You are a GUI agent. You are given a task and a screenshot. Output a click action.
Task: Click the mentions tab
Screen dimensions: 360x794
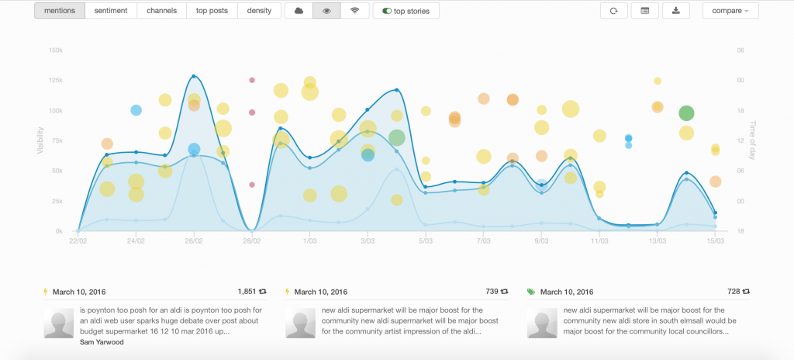pyautogui.click(x=60, y=11)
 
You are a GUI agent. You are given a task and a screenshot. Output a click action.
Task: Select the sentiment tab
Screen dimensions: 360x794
pyautogui.click(x=112, y=11)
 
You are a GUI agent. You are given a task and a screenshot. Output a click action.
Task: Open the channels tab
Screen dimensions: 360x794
pyautogui.click(x=162, y=11)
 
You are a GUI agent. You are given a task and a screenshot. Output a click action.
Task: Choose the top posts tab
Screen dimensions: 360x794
pyautogui.click(x=211, y=11)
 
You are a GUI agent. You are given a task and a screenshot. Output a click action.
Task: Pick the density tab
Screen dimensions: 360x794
pyautogui.click(x=259, y=11)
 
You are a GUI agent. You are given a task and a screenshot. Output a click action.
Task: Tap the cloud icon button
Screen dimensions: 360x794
pyautogui.click(x=299, y=11)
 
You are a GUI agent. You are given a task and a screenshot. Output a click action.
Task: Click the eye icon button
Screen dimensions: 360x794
pyautogui.click(x=326, y=11)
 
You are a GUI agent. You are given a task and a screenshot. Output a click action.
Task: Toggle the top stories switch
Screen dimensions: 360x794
pyautogui.click(x=406, y=11)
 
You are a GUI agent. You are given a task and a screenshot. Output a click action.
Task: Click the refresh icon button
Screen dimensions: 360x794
pyautogui.click(x=613, y=11)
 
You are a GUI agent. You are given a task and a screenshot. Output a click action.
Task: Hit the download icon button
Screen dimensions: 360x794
pyautogui.click(x=675, y=11)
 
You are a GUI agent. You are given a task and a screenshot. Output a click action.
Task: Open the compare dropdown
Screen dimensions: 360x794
pyautogui.click(x=730, y=11)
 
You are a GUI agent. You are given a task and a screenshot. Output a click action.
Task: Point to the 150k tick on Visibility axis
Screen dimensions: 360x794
pyautogui.click(x=55, y=50)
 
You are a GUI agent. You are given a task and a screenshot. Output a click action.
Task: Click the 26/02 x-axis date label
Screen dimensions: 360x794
pyautogui.click(x=194, y=241)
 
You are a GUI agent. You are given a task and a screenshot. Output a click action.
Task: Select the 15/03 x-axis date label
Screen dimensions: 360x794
pyautogui.click(x=715, y=241)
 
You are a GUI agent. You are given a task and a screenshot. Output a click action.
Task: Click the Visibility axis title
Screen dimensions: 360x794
pyautogui.click(x=40, y=140)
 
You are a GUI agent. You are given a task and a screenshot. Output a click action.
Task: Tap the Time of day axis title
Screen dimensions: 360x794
pyautogui.click(x=751, y=140)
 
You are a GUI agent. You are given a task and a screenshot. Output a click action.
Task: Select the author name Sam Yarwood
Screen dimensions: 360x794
pyautogui.click(x=103, y=341)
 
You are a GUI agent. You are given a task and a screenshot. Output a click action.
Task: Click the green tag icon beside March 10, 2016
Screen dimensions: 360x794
pyautogui.click(x=530, y=292)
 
